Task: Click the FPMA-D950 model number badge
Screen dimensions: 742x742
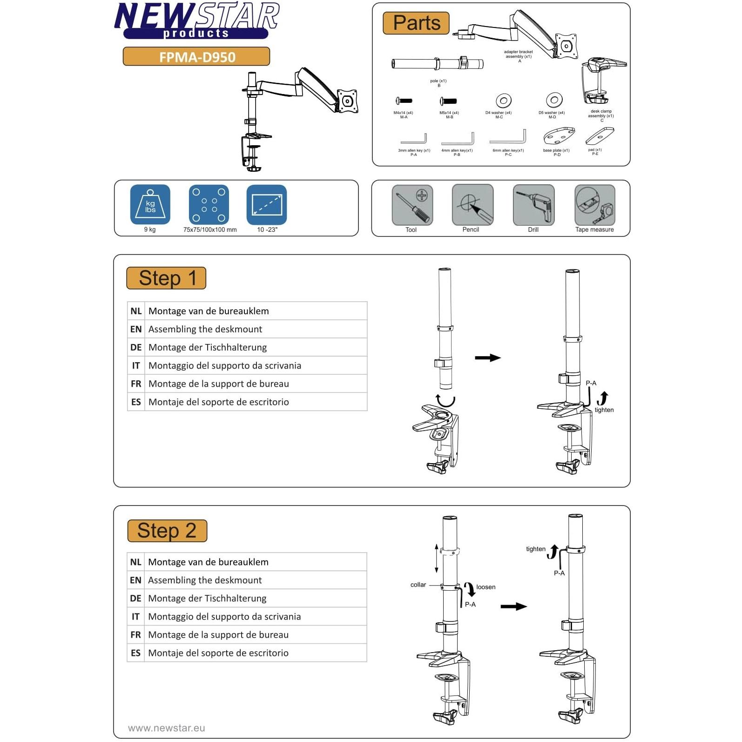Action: [196, 57]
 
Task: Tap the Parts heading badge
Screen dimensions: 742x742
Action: [416, 23]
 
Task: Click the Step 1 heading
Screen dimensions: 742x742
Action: [166, 278]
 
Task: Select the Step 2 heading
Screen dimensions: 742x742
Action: [167, 531]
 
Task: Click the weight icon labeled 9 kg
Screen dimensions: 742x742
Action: [150, 205]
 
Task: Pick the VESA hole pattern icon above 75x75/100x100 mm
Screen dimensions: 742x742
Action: [209, 205]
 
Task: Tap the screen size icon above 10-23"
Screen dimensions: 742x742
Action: [267, 205]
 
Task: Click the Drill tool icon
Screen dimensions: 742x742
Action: [533, 205]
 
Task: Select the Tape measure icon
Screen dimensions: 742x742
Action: [594, 205]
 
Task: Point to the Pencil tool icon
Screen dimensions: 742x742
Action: [472, 205]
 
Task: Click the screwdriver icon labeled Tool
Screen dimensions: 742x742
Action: [412, 205]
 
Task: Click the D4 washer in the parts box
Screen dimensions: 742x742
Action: [503, 101]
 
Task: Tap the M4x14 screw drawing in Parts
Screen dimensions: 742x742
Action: [404, 101]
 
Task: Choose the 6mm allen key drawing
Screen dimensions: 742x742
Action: [508, 138]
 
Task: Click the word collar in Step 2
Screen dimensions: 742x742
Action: [418, 585]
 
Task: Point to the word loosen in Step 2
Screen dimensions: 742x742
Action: [486, 587]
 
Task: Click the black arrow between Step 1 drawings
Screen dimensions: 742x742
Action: [487, 358]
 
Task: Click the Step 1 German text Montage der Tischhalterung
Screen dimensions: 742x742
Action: [208, 347]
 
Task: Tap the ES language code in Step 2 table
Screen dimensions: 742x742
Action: [135, 653]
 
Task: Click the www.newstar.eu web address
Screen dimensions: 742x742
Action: [166, 728]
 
